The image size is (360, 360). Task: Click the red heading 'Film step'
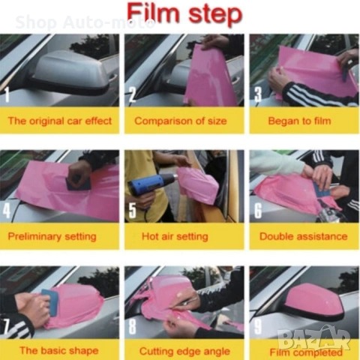[x=185, y=13]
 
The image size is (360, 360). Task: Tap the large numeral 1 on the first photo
[x=7, y=94]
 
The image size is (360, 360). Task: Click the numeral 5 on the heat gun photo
[x=132, y=210]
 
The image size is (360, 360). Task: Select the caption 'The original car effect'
[x=60, y=121]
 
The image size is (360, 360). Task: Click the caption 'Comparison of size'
[x=181, y=121]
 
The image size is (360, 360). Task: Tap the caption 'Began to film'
[x=299, y=121]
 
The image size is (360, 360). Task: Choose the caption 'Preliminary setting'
[x=52, y=236]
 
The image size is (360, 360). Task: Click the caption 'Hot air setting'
[x=175, y=236]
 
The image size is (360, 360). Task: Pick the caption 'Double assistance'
[x=303, y=236]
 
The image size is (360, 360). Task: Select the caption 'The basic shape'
[x=59, y=350]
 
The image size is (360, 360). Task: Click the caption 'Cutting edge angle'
[x=184, y=351]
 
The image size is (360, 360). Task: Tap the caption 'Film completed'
[x=306, y=352]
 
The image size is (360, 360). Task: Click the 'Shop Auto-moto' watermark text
[x=85, y=22]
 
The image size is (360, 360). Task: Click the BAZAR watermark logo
[x=314, y=337]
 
